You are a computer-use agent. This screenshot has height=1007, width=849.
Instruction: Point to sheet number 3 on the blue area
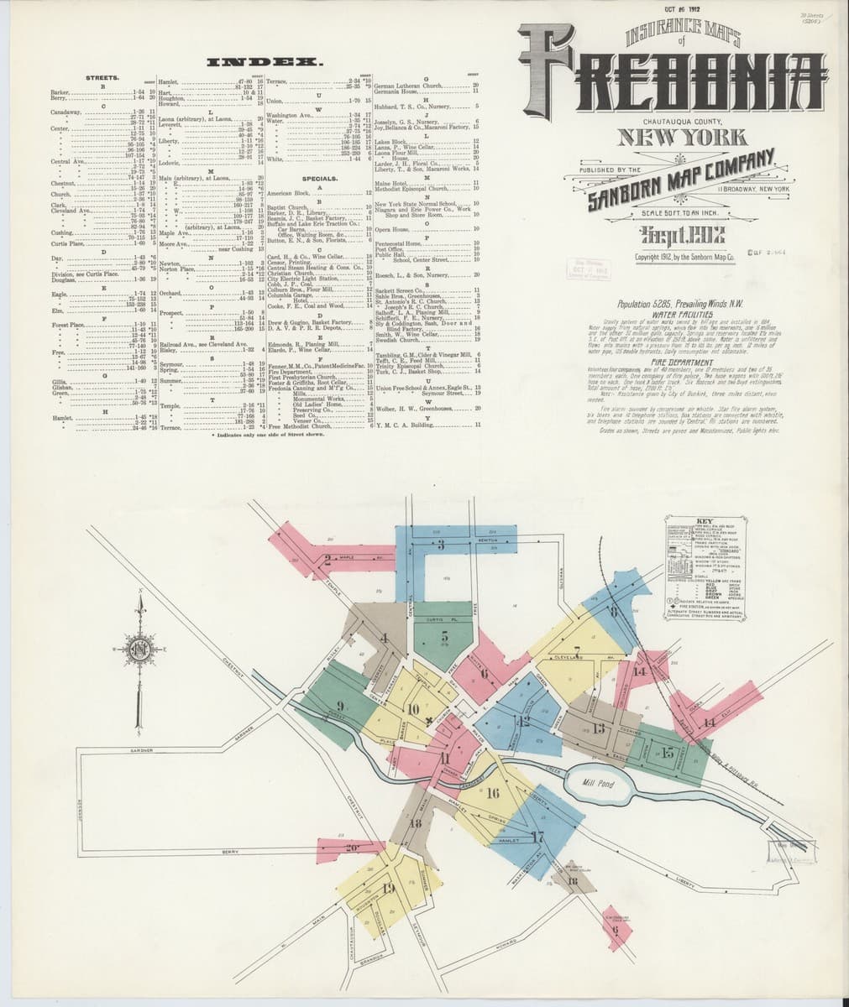[440, 545]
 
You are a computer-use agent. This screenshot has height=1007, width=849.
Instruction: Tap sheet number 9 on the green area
[341, 705]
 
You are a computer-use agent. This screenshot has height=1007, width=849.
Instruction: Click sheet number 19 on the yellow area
[388, 890]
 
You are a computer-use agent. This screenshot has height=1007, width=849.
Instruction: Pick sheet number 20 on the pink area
[351, 848]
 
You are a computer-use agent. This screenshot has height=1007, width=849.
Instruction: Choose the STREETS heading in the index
[102, 77]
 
